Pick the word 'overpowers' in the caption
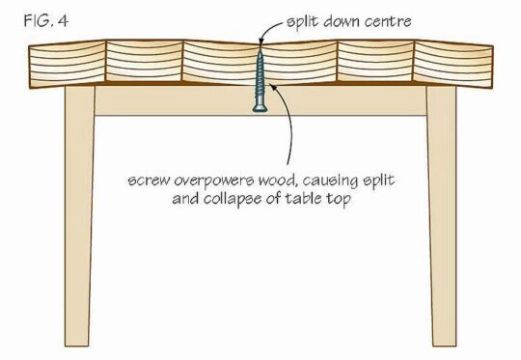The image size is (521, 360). tap(217, 179)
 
